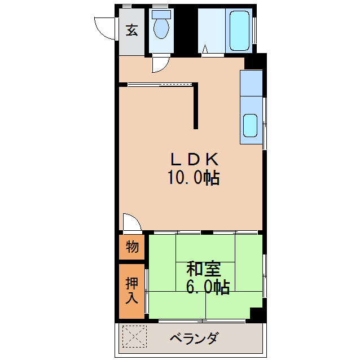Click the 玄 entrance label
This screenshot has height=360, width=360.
tap(131, 30)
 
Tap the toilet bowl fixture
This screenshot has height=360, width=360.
tap(161, 29)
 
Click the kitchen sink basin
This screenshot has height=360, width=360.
tap(251, 126)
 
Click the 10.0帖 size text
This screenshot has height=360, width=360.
tap(192, 179)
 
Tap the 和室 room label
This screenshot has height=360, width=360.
tap(204, 269)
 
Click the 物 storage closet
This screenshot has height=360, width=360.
tap(132, 247)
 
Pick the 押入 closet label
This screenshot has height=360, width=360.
tap(131, 290)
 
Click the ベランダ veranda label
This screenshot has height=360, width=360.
tap(194, 339)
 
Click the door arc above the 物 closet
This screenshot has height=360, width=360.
tap(131, 222)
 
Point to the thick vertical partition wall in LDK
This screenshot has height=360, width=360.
tap(196, 106)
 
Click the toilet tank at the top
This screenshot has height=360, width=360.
tap(161, 14)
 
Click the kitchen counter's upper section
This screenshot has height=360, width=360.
tap(251, 84)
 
